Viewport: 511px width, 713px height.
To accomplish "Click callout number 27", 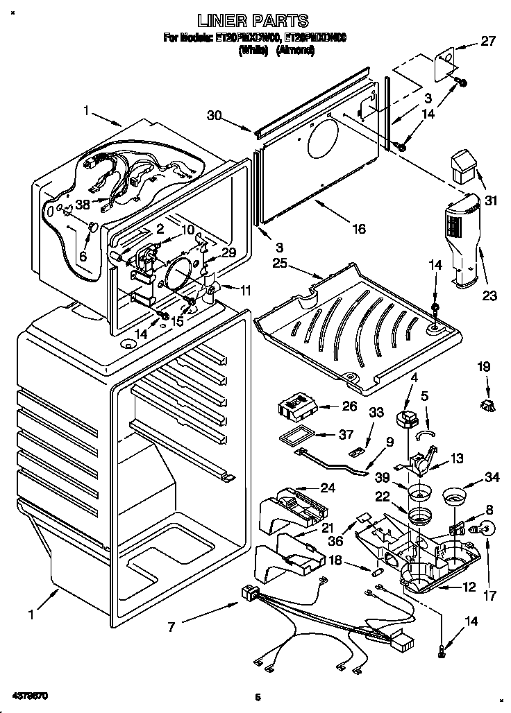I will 489,41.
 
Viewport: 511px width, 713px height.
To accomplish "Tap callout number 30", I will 215,117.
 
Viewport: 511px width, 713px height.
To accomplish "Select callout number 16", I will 358,228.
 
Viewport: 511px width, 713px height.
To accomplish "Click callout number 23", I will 490,297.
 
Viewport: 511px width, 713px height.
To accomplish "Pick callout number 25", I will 280,264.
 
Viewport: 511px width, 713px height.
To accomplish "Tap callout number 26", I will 350,406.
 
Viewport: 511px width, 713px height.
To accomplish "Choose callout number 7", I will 171,627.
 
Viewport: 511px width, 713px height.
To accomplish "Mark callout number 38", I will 83,205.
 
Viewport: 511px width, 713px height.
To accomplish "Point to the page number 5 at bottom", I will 256,696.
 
